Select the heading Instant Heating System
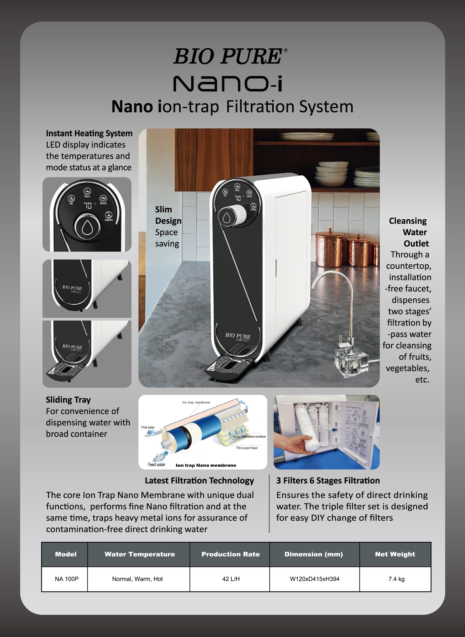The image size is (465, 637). click(89, 133)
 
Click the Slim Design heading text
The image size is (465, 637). click(168, 215)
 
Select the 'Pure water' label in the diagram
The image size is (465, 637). click(148, 427)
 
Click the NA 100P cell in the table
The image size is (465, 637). click(67, 579)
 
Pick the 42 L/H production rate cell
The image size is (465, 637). click(231, 579)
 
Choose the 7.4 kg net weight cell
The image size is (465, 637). click(396, 579)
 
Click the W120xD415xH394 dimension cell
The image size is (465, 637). click(314, 579)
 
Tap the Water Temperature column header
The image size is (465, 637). click(140, 554)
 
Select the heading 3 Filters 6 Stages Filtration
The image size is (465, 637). click(328, 480)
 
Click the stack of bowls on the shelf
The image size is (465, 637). click(332, 173)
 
